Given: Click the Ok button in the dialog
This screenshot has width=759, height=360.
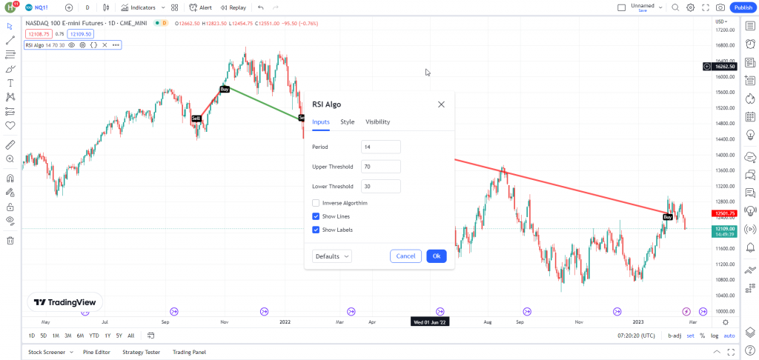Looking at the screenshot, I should tap(437, 256).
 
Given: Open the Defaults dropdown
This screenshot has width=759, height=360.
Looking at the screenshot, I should tap(333, 256).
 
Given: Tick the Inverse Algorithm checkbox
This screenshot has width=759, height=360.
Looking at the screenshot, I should tap(316, 203).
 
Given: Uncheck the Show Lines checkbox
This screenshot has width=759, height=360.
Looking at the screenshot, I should tap(316, 216).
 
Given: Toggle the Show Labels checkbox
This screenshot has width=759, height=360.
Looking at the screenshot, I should tap(316, 230).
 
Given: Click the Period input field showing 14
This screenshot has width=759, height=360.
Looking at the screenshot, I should tap(380, 147).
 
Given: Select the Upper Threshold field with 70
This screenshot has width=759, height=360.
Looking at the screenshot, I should tap(380, 167).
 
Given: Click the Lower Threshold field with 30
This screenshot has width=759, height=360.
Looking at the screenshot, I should tap(380, 187).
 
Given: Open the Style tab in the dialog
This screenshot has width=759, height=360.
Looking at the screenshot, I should tap(347, 121).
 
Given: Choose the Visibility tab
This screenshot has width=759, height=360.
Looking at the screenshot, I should tap(377, 121).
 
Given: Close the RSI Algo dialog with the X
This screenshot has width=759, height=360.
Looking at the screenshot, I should tap(441, 104).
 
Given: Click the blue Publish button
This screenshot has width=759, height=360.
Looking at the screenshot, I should tap(743, 7).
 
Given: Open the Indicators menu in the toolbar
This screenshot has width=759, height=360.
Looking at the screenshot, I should tap(139, 7).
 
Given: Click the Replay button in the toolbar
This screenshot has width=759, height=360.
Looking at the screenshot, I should tap(233, 7).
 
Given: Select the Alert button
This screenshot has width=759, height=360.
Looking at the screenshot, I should tap(201, 7).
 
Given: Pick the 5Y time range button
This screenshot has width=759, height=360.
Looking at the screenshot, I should tap(119, 336).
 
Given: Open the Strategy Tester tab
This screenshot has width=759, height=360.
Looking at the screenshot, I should tap(142, 353).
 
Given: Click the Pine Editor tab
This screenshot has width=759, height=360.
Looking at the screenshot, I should tap(97, 353).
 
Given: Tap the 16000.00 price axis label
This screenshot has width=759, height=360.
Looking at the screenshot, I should tap(724, 77).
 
